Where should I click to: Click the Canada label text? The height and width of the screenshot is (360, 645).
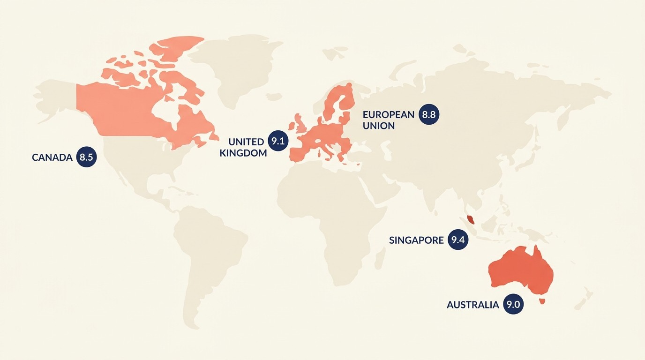point(52,157)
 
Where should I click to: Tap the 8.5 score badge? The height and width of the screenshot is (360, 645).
point(86,157)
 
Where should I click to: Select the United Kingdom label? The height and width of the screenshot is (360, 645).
point(243,147)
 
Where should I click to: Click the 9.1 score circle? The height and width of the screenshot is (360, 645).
point(278,141)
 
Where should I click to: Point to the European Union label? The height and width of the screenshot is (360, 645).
point(388,120)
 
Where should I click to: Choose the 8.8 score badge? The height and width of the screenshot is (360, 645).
point(429,114)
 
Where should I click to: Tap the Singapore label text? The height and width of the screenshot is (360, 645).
point(416,240)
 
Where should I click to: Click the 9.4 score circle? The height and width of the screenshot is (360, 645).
point(458,240)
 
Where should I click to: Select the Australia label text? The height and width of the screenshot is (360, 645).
point(472,305)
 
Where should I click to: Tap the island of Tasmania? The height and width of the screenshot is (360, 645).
point(542,301)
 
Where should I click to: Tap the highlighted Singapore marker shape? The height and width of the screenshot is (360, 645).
point(471,218)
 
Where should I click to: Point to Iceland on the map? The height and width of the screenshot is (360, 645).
point(273,96)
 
